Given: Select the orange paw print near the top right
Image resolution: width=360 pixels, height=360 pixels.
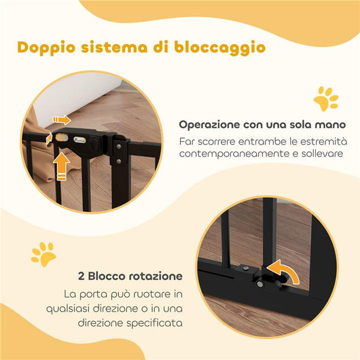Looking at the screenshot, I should click(x=325, y=98).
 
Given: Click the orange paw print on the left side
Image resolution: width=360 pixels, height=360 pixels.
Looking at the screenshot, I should click(x=43, y=253).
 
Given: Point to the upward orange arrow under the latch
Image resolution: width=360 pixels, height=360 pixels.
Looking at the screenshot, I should click(x=62, y=165).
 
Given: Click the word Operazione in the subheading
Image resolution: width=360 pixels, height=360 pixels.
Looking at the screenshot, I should click(x=209, y=125).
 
